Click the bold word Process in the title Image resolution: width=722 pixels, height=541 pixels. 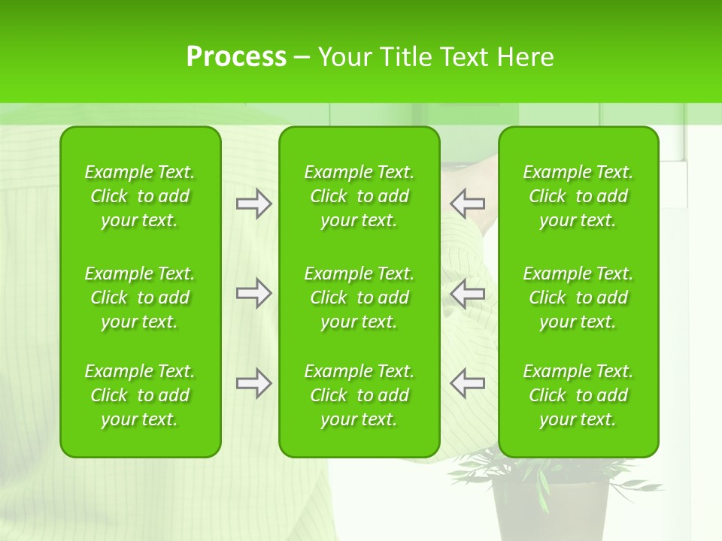tap(236, 57)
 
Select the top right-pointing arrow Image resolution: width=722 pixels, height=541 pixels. tap(253, 204)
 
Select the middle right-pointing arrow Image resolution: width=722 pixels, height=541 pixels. tap(253, 293)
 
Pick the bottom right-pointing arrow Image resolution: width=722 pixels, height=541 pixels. tap(253, 383)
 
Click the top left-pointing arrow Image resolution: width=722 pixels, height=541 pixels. tap(468, 204)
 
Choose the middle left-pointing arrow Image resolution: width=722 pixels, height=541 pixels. tap(468, 293)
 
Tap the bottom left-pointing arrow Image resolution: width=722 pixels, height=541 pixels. tap(468, 383)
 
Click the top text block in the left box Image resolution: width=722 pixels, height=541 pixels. tap(140, 196)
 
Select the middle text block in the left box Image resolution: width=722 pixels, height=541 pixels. tap(140, 298)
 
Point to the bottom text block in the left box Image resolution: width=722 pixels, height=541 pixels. tap(140, 395)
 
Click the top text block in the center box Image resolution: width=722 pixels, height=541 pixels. tap(359, 196)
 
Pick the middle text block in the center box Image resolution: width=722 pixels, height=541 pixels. tap(359, 298)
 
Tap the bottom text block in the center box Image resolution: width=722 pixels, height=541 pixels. tap(359, 395)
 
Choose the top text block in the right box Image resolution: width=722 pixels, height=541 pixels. tap(578, 196)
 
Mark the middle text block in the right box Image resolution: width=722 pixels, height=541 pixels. tap(578, 298)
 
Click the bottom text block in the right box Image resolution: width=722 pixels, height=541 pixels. tap(578, 395)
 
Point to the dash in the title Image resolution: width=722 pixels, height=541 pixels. tap(302, 58)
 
